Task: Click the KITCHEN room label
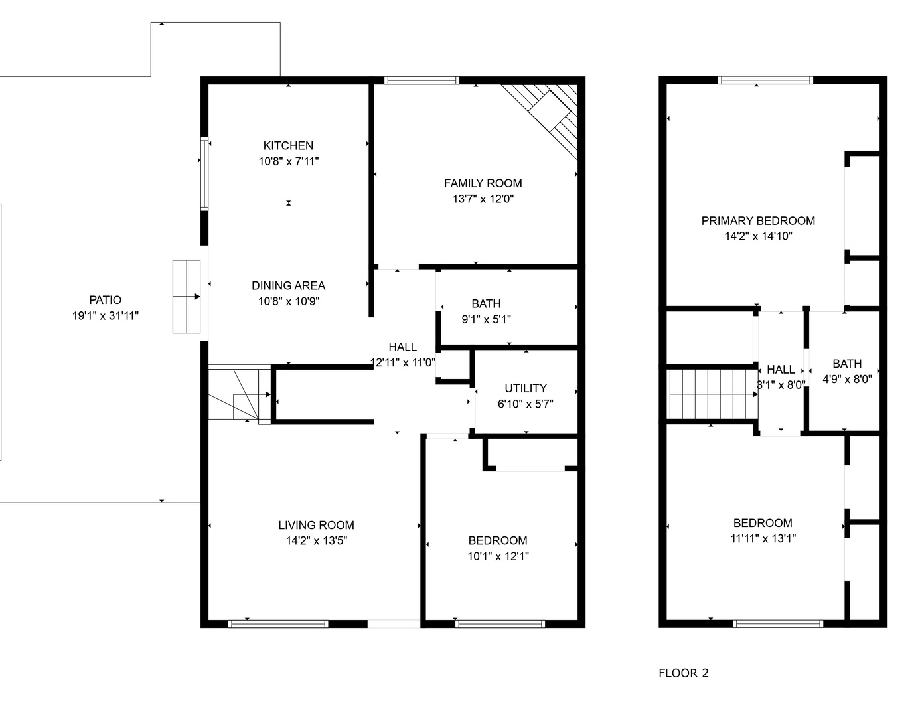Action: [x=288, y=146]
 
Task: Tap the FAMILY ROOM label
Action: [x=483, y=183]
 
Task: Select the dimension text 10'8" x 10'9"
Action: [x=288, y=301]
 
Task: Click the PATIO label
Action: [x=106, y=300]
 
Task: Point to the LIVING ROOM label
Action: [x=316, y=525]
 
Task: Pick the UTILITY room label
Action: [x=526, y=388]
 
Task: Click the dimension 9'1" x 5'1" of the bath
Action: [x=486, y=319]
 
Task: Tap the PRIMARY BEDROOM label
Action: [x=758, y=221]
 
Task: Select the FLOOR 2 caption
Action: [x=683, y=673]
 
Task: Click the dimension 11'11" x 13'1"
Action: [x=763, y=538]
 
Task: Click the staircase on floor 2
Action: [x=712, y=394]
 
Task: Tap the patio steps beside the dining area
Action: [x=187, y=296]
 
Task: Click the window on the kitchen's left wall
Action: [x=204, y=174]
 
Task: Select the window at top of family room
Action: [x=421, y=80]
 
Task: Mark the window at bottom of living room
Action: [x=278, y=623]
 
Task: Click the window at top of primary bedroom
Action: [x=765, y=80]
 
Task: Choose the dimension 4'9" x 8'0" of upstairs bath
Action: [x=847, y=380]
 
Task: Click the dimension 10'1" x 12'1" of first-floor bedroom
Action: [x=498, y=556]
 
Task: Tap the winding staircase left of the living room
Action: [x=239, y=394]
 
